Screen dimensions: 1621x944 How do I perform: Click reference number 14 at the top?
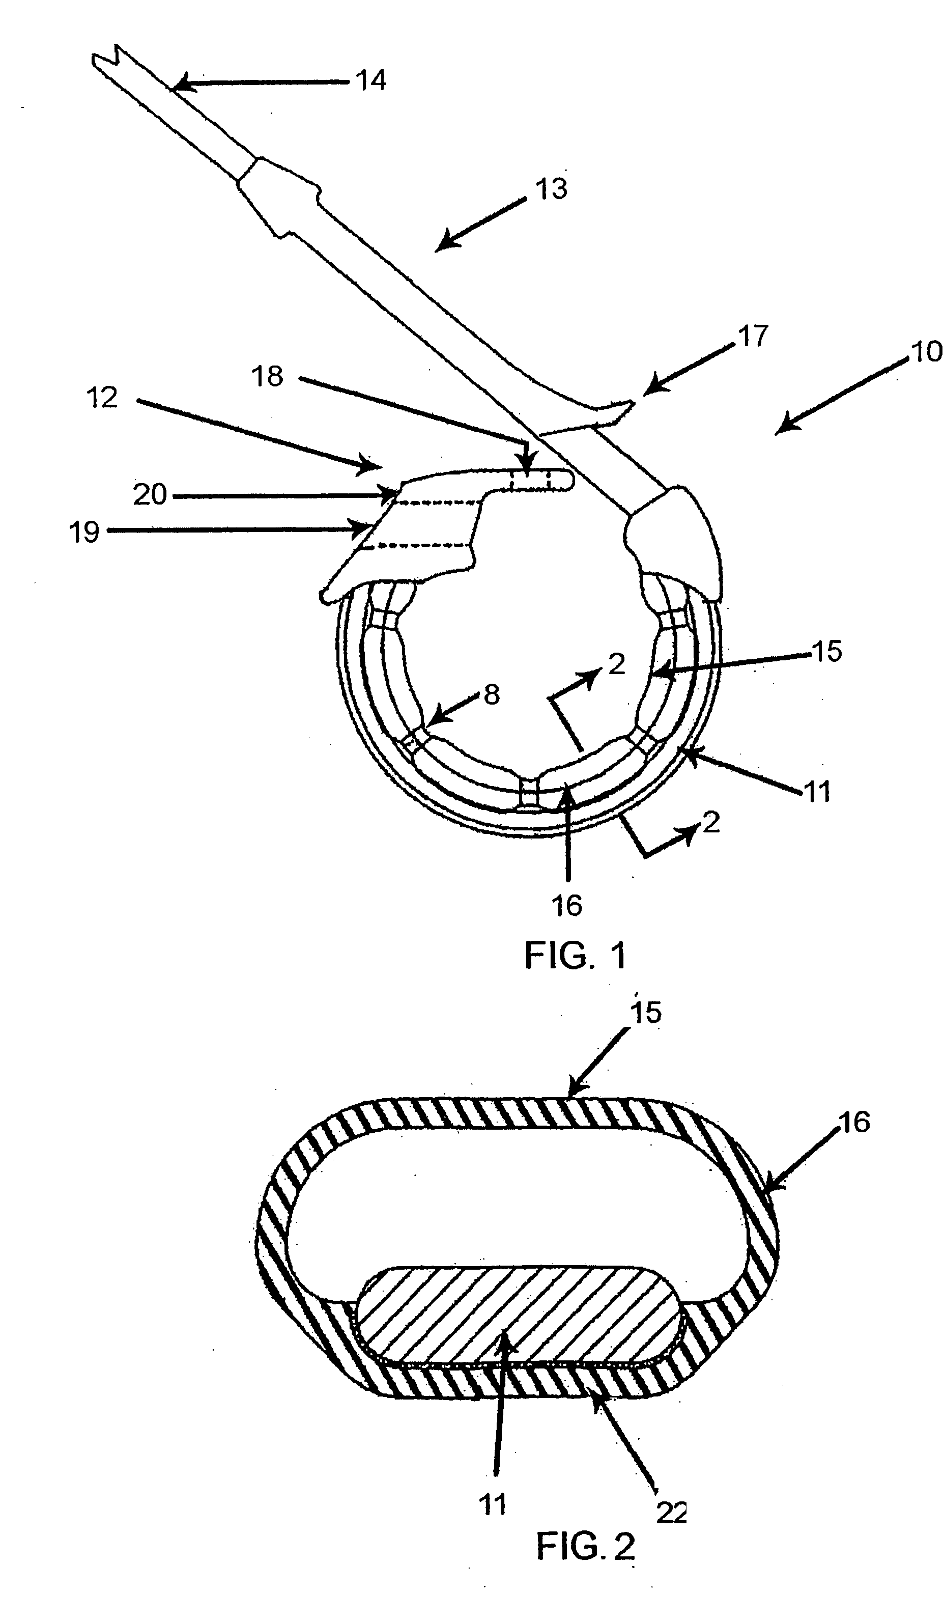pyautogui.click(x=371, y=81)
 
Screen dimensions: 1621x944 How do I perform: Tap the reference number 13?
pyautogui.click(x=551, y=189)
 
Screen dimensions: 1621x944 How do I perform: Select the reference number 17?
pyautogui.click(x=753, y=338)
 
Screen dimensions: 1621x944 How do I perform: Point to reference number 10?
pyautogui.click(x=927, y=352)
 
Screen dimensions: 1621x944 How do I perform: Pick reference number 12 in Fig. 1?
pyautogui.click(x=102, y=398)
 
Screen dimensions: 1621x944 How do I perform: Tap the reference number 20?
pyautogui.click(x=150, y=495)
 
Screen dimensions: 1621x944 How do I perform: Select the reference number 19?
pyautogui.click(x=84, y=533)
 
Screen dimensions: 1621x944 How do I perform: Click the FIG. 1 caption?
pyautogui.click(x=575, y=955)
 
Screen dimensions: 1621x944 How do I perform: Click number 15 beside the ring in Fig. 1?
pyautogui.click(x=827, y=652)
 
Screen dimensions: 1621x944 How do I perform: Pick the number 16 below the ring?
pyautogui.click(x=566, y=906)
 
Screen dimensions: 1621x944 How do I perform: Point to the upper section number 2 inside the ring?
pyautogui.click(x=616, y=664)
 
